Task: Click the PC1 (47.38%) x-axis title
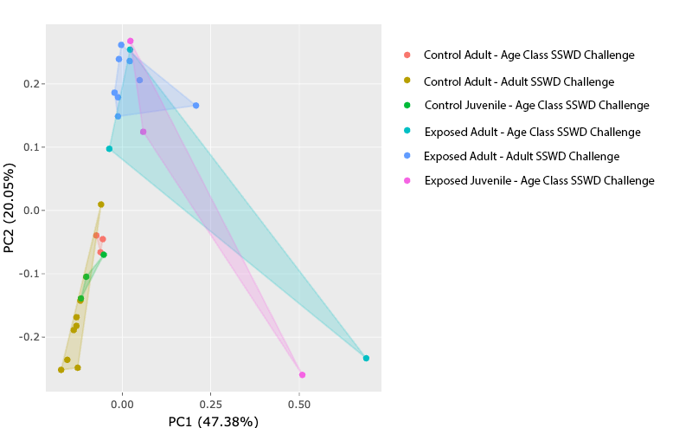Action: [x=213, y=422]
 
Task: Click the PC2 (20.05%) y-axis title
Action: [x=10, y=209]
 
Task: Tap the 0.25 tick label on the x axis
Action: [x=211, y=403]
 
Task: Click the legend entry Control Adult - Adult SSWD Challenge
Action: [x=519, y=81]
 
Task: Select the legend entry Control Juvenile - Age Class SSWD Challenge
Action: [x=536, y=106]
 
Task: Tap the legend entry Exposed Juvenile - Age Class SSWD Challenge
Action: [x=539, y=180]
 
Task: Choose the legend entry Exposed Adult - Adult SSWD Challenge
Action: [x=522, y=156]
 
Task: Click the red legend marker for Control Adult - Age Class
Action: [x=407, y=55]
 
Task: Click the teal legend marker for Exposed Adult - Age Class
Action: [x=407, y=132]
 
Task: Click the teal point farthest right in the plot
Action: [x=366, y=358]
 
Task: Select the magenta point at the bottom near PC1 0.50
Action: [x=302, y=375]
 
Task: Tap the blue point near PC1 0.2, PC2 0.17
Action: [x=195, y=106]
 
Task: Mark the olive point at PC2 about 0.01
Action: [x=101, y=204]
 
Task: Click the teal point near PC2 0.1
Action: [x=109, y=148]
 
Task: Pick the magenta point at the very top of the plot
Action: [x=131, y=41]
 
